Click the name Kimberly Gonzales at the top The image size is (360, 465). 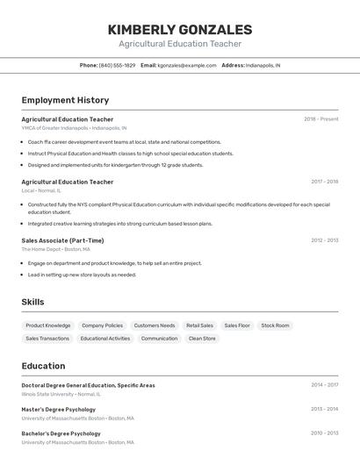[180, 30]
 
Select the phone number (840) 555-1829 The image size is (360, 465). [117, 65]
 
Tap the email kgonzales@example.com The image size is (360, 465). [186, 65]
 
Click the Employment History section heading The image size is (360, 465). [65, 100]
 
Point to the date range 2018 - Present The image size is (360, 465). [320, 119]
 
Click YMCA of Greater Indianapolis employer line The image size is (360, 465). [74, 128]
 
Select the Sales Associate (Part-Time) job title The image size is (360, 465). [62, 240]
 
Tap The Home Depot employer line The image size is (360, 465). [56, 249]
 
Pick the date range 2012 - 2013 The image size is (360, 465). [324, 240]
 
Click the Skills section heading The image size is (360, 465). [33, 302]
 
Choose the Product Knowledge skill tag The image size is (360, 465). [48, 325]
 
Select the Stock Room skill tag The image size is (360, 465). [275, 325]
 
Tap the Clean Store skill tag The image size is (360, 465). [202, 338]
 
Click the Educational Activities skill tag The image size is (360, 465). [105, 338]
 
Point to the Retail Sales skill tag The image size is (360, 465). [199, 325]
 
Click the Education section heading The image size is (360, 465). [43, 366]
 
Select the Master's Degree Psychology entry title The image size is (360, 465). [59, 409]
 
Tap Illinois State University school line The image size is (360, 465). [61, 394]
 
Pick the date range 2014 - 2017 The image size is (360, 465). [324, 384]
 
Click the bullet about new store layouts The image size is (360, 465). [82, 275]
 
